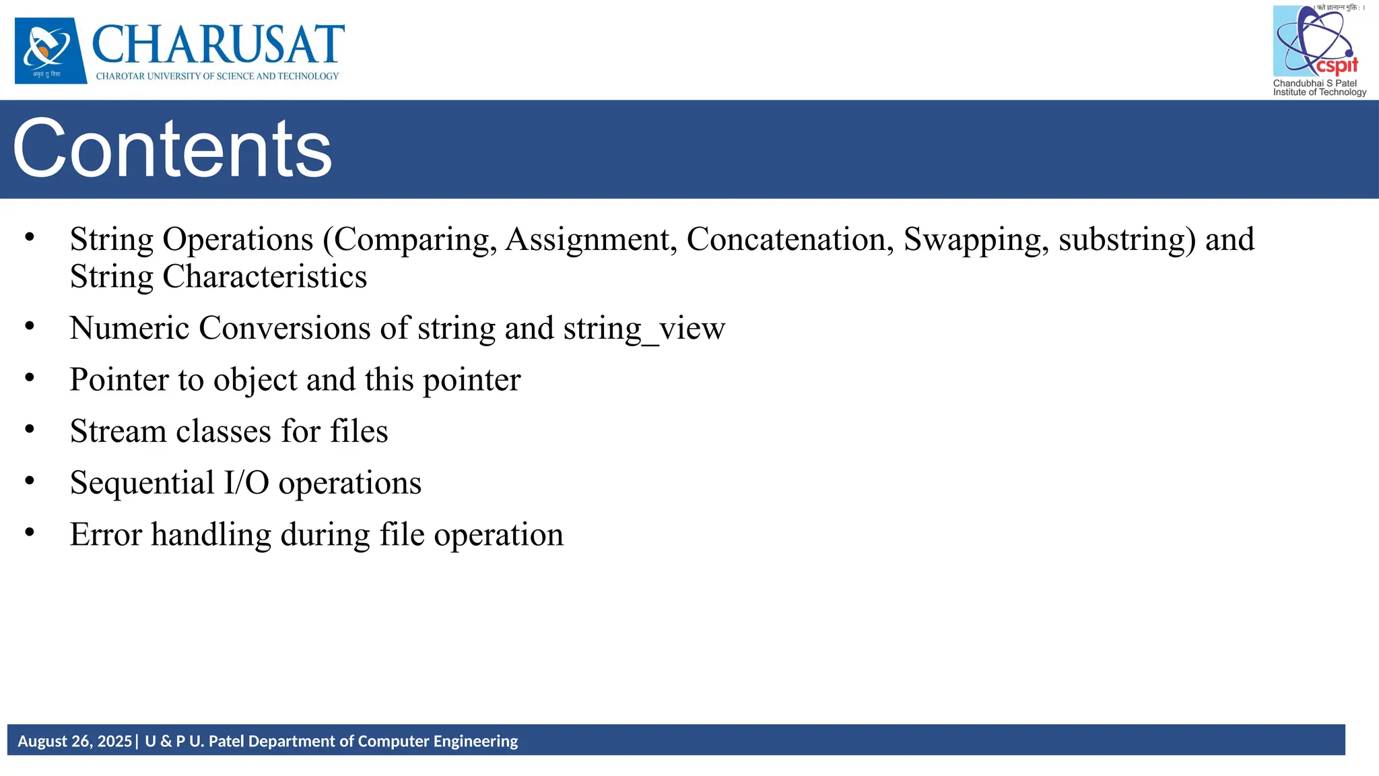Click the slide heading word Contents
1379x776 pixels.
pyautogui.click(x=172, y=149)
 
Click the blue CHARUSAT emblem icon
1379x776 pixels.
pyautogui.click(x=51, y=51)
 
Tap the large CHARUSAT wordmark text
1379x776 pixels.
pyautogui.click(x=217, y=44)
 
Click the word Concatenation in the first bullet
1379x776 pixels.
pyautogui.click(x=790, y=240)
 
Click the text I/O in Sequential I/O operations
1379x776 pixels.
pyautogui.click(x=246, y=483)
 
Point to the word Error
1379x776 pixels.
pyautogui.click(x=106, y=535)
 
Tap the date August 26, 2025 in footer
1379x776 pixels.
pyautogui.click(x=75, y=741)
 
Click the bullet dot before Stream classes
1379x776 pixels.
pyautogui.click(x=30, y=428)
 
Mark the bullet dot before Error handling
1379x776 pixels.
pyautogui.click(x=30, y=531)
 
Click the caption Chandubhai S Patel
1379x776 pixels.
pyautogui.click(x=1314, y=84)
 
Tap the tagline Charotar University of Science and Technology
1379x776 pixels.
pyautogui.click(x=217, y=76)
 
